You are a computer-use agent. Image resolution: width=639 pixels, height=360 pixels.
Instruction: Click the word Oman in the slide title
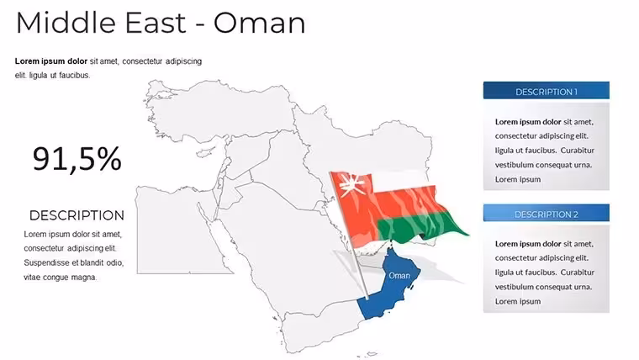pos(259,23)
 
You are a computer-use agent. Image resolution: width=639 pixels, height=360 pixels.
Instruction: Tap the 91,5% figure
pos(77,159)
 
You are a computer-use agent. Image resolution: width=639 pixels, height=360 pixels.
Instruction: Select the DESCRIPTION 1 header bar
pos(546,91)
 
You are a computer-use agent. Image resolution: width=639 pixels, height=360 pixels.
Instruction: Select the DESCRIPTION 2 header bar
pos(546,213)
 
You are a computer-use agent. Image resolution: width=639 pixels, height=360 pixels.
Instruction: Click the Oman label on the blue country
pos(399,276)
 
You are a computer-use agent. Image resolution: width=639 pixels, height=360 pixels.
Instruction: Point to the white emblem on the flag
pos(352,185)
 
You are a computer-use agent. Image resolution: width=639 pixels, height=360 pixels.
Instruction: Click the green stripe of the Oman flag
pos(420,227)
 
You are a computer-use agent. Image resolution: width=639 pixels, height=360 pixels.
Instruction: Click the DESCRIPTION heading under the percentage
pos(77,215)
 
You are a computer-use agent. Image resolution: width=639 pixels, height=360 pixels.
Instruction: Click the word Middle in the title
pos(66,23)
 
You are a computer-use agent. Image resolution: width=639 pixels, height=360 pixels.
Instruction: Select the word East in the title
pos(156,23)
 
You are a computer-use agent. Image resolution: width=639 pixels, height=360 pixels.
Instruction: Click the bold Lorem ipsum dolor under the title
pos(51,61)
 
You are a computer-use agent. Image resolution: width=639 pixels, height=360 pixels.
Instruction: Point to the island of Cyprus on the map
pos(206,152)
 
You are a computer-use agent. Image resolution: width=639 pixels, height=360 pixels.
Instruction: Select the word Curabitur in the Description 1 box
pos(577,151)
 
